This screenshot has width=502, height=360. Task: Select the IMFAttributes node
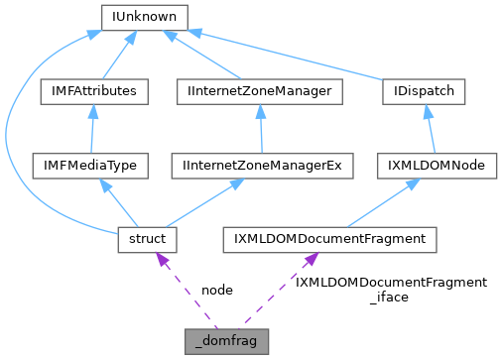coord(93,91)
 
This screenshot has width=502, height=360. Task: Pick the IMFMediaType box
coord(90,165)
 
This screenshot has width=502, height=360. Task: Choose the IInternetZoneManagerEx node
coord(262,165)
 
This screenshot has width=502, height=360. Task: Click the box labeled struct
coord(147,239)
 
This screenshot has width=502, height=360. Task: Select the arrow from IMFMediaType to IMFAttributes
coord(91,129)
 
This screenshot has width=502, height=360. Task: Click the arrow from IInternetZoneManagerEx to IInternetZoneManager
coord(260,129)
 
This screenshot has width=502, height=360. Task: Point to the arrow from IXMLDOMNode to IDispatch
coord(430,129)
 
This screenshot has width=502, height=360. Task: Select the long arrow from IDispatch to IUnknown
coord(298,50)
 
